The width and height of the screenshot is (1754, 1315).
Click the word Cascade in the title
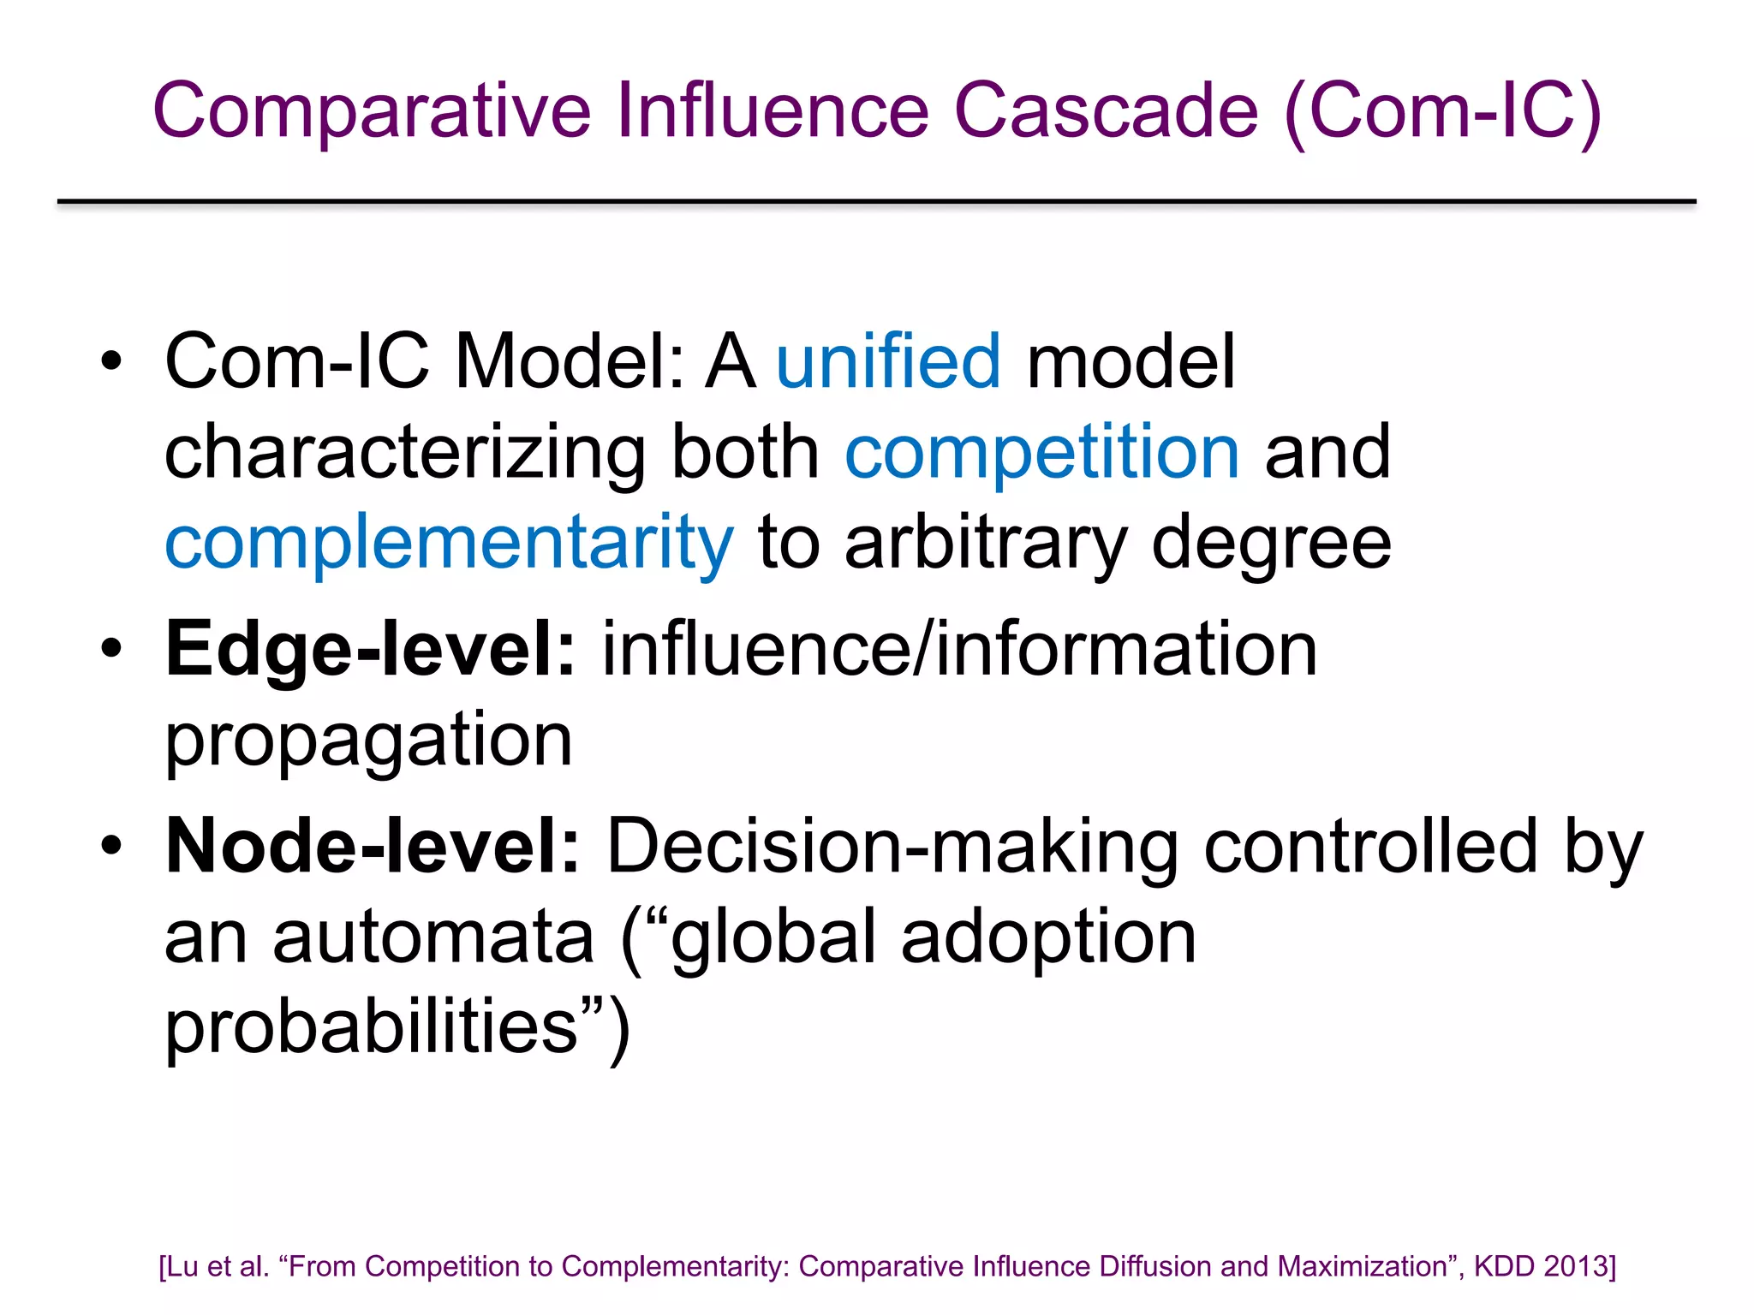pos(1106,111)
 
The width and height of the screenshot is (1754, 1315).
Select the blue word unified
pos(888,361)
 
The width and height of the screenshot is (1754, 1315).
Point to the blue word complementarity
pos(449,544)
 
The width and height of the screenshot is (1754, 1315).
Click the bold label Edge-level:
pos(371,650)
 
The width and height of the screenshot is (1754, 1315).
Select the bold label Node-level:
pos(373,847)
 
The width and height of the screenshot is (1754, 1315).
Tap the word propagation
pos(368,741)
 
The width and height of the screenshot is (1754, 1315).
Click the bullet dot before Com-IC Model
pos(111,362)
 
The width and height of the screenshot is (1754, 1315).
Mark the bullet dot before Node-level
pos(111,846)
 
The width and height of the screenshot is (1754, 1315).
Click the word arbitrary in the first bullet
pos(986,544)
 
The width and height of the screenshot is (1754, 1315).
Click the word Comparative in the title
pos(372,111)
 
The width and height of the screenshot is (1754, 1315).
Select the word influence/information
pos(959,650)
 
